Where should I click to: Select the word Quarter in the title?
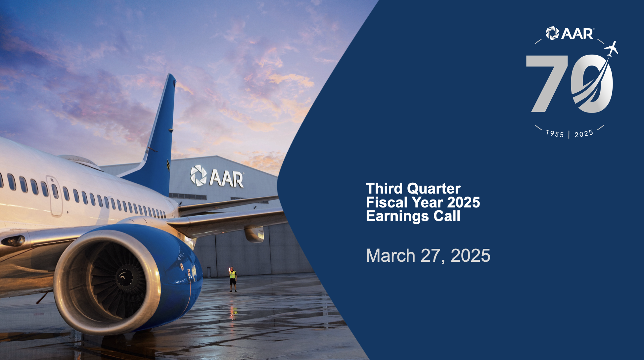tap(434, 189)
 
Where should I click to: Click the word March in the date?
tap(391, 255)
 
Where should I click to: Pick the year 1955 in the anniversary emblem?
tap(555, 133)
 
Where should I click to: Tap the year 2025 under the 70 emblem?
tap(584, 134)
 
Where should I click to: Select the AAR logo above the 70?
tap(570, 33)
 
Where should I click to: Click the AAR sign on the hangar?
tap(217, 176)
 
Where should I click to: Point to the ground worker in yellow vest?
tap(233, 279)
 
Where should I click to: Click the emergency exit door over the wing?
tap(54, 196)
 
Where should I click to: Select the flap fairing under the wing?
tap(254, 234)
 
